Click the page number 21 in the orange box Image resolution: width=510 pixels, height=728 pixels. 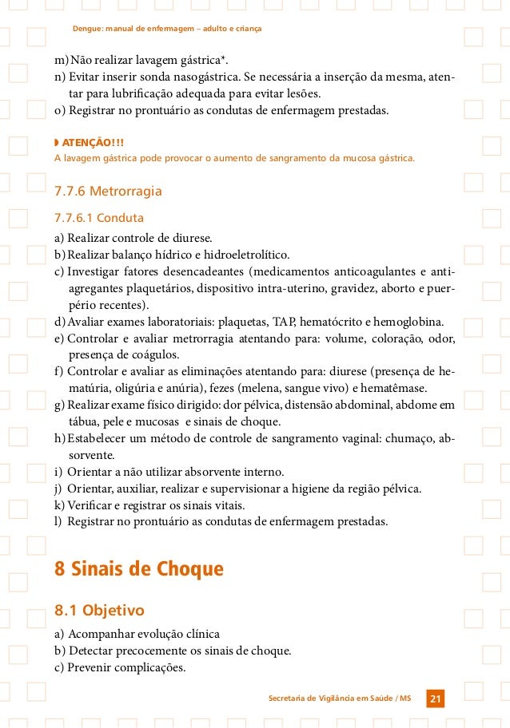point(436,699)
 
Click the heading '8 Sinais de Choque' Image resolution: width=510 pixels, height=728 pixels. point(138,569)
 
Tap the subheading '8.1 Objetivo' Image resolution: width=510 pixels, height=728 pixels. point(99,611)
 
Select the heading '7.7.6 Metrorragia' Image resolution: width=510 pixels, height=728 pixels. point(108,192)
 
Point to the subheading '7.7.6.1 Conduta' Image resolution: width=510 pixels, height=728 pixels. point(98,217)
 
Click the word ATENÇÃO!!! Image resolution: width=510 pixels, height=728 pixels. point(94,143)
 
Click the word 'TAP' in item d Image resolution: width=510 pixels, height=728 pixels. point(285,322)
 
